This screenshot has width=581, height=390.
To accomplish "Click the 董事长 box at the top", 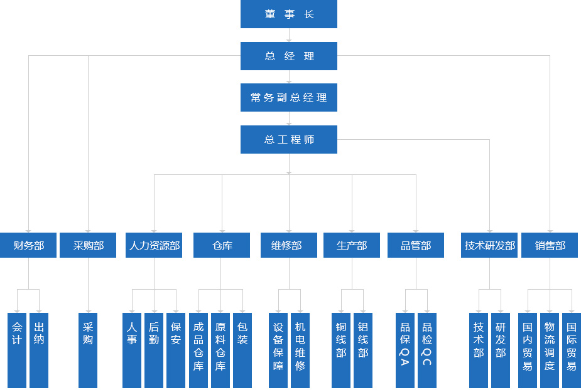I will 288,14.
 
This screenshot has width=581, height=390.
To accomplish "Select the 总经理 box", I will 288,56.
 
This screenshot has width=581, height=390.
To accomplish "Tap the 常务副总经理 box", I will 288,98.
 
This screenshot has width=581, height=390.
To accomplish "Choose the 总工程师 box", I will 288,139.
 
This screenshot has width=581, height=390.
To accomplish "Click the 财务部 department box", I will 29,245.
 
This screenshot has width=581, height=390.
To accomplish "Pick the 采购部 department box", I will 88,245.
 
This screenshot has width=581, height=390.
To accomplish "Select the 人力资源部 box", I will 154,245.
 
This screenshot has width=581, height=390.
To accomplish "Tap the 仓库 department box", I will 222,245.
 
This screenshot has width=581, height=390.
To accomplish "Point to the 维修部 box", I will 289,245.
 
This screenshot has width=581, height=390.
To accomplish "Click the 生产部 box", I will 352,245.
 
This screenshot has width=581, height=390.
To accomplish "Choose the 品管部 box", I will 416,245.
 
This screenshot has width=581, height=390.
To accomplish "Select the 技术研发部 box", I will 489,245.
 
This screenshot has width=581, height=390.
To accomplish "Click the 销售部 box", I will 550,245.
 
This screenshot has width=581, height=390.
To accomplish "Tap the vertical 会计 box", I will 17,350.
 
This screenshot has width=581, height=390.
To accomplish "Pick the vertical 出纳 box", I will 39,350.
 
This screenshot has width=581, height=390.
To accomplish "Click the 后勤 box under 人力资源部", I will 154,350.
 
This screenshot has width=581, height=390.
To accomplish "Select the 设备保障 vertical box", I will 278,350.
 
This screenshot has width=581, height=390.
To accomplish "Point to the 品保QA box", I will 405,350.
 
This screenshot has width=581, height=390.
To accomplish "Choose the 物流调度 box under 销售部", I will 550,350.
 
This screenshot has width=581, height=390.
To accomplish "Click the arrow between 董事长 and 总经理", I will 289,36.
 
